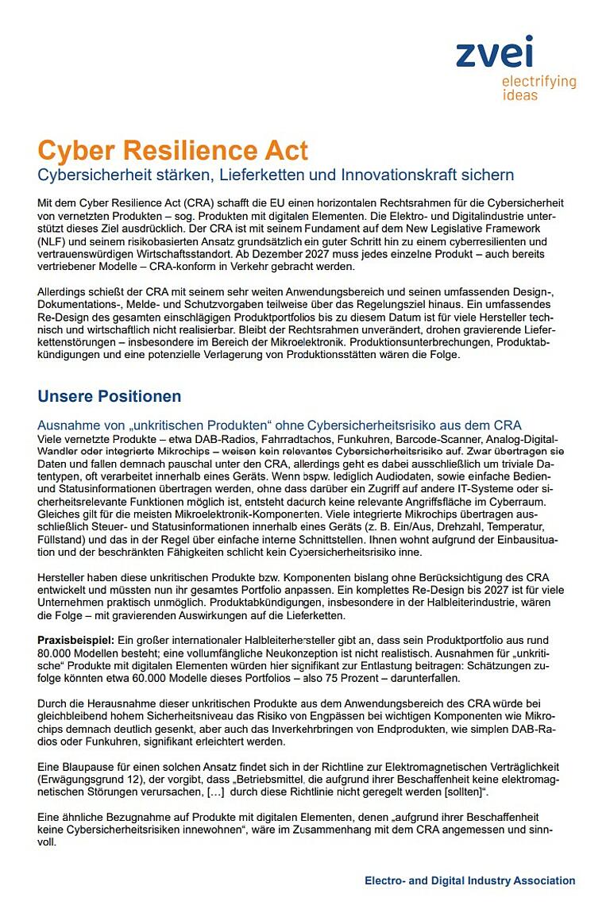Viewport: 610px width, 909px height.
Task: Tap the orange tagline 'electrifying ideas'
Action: coord(538,88)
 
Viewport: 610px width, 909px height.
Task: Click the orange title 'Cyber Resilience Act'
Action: coord(172,150)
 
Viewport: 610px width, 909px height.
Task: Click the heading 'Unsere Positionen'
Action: coord(110,396)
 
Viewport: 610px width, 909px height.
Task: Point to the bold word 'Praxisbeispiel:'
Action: coord(75,639)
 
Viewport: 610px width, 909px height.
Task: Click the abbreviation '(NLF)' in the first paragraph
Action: coord(52,241)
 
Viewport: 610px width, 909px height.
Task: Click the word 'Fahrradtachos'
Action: coord(244,440)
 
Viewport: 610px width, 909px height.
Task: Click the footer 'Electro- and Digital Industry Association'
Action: coord(470,880)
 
